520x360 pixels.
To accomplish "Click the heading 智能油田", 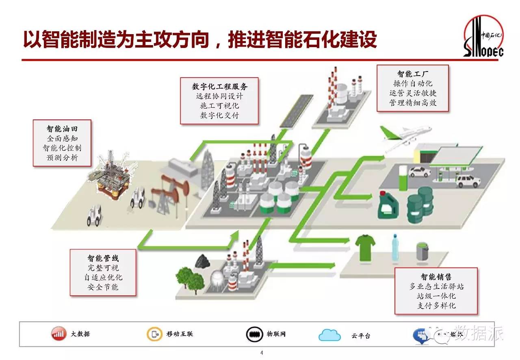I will pos(62,129).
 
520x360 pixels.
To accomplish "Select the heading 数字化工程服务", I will pos(219,86).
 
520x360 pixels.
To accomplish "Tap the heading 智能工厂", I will pos(412,74).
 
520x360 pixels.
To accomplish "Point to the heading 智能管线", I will pos(103,258).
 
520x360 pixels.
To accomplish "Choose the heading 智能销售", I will pos(436,277).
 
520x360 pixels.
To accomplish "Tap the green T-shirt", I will pos(365,246).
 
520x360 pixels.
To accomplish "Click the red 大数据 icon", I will pos(58,334).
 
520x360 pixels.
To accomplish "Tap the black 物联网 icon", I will pos(253,334).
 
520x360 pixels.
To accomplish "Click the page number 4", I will pos(262,353).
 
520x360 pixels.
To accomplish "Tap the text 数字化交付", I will pos(219,115).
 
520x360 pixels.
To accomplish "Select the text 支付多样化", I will pos(436,306).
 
